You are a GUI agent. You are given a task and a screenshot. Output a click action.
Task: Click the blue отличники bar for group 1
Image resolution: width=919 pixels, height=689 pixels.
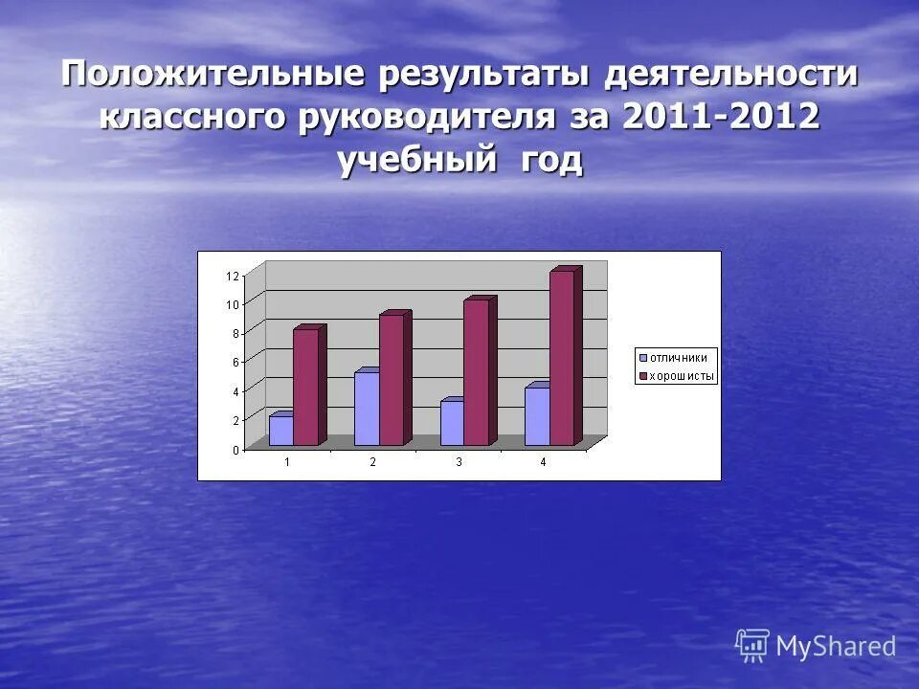pyautogui.click(x=281, y=431)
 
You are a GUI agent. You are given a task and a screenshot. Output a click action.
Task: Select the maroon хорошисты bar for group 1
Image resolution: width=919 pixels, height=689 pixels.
pyautogui.click(x=306, y=388)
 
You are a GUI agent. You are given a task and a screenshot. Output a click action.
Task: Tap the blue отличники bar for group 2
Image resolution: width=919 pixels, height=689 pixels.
pyautogui.click(x=367, y=409)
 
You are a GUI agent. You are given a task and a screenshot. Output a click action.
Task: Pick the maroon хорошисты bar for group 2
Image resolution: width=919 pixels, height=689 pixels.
pyautogui.click(x=392, y=380)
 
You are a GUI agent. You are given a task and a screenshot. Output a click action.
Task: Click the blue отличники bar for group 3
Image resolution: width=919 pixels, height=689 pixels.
pyautogui.click(x=452, y=423)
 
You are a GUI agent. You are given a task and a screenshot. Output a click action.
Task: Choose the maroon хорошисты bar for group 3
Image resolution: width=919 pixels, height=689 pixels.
pyautogui.click(x=477, y=373)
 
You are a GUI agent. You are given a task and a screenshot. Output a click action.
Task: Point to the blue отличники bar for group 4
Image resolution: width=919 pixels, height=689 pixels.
pyautogui.click(x=537, y=416)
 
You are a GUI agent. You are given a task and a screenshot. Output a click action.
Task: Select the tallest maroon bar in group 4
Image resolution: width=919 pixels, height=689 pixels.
pyautogui.click(x=562, y=359)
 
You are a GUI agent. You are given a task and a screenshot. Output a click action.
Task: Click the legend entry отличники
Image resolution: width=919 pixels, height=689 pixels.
pyautogui.click(x=678, y=358)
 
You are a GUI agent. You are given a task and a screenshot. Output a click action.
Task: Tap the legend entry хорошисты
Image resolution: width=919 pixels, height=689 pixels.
pyautogui.click(x=681, y=376)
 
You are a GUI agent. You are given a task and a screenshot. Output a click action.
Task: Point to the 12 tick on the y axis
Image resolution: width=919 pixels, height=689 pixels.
pyautogui.click(x=233, y=276)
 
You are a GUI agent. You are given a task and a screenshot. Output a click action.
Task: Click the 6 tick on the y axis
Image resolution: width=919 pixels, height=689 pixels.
pyautogui.click(x=235, y=362)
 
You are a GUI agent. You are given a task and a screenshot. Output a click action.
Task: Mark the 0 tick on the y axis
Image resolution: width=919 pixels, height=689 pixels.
pyautogui.click(x=235, y=449)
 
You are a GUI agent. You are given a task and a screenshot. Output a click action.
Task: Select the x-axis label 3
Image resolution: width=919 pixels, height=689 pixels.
pyautogui.click(x=459, y=462)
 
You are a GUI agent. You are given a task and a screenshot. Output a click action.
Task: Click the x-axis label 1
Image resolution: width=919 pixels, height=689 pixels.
pyautogui.click(x=286, y=462)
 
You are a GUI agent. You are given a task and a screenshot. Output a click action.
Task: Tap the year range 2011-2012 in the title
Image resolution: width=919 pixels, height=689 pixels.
pyautogui.click(x=720, y=118)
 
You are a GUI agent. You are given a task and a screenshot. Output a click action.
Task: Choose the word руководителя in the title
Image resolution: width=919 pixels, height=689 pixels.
pyautogui.click(x=442, y=118)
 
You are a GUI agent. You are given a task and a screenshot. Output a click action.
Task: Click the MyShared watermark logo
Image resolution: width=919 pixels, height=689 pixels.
pyautogui.click(x=816, y=646)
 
